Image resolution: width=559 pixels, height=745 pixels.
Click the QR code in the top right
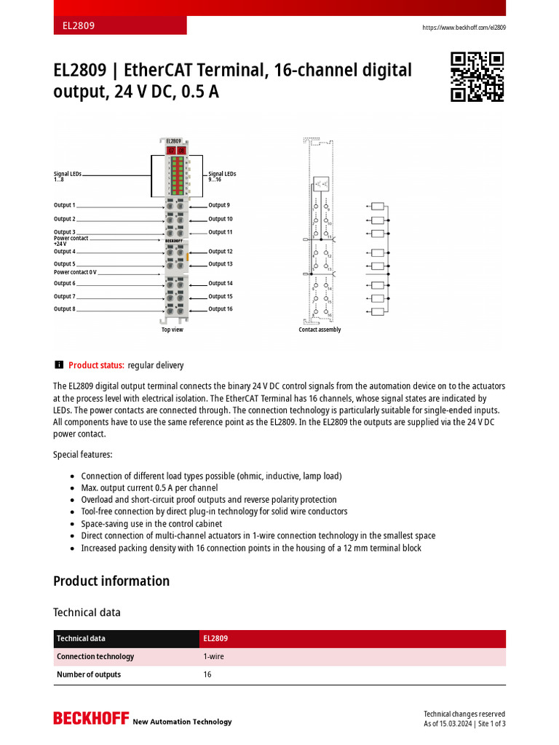pos(477,76)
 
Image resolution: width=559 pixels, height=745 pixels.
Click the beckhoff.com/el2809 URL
pos(464,28)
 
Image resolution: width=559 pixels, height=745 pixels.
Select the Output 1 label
pos(64,206)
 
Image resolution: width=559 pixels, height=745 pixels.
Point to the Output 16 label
pos(221,309)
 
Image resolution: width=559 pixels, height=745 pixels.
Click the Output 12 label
pos(221,252)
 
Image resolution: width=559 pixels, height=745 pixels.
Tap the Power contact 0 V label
pos(75,272)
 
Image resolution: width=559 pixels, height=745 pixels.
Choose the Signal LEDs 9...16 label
pos(222,177)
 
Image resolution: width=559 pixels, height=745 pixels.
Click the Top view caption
pos(173,330)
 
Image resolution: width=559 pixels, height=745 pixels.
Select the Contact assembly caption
pos(320,330)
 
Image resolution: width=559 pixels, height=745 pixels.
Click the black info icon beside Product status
pos(59,365)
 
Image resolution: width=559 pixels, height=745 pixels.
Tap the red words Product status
pos(96,365)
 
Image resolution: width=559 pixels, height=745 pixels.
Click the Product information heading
pos(111,581)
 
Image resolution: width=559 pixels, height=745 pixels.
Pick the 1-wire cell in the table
pos(213,656)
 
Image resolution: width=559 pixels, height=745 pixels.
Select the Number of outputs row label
pos(89,674)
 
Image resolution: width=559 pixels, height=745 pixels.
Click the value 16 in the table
pos(207,674)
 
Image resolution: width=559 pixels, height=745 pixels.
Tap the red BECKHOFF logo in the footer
pos(90,719)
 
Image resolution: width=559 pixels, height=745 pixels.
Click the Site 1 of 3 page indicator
pos(491,724)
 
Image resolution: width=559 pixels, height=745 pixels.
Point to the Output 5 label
pos(64,264)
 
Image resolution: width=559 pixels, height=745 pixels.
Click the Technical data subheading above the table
pos(87,613)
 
